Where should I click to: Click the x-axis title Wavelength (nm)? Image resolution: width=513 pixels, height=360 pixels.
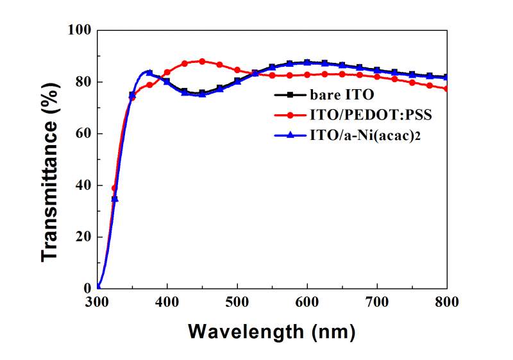271,332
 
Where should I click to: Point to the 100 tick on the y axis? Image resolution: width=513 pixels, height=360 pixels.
80,30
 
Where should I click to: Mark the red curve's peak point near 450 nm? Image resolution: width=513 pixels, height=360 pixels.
202,62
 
